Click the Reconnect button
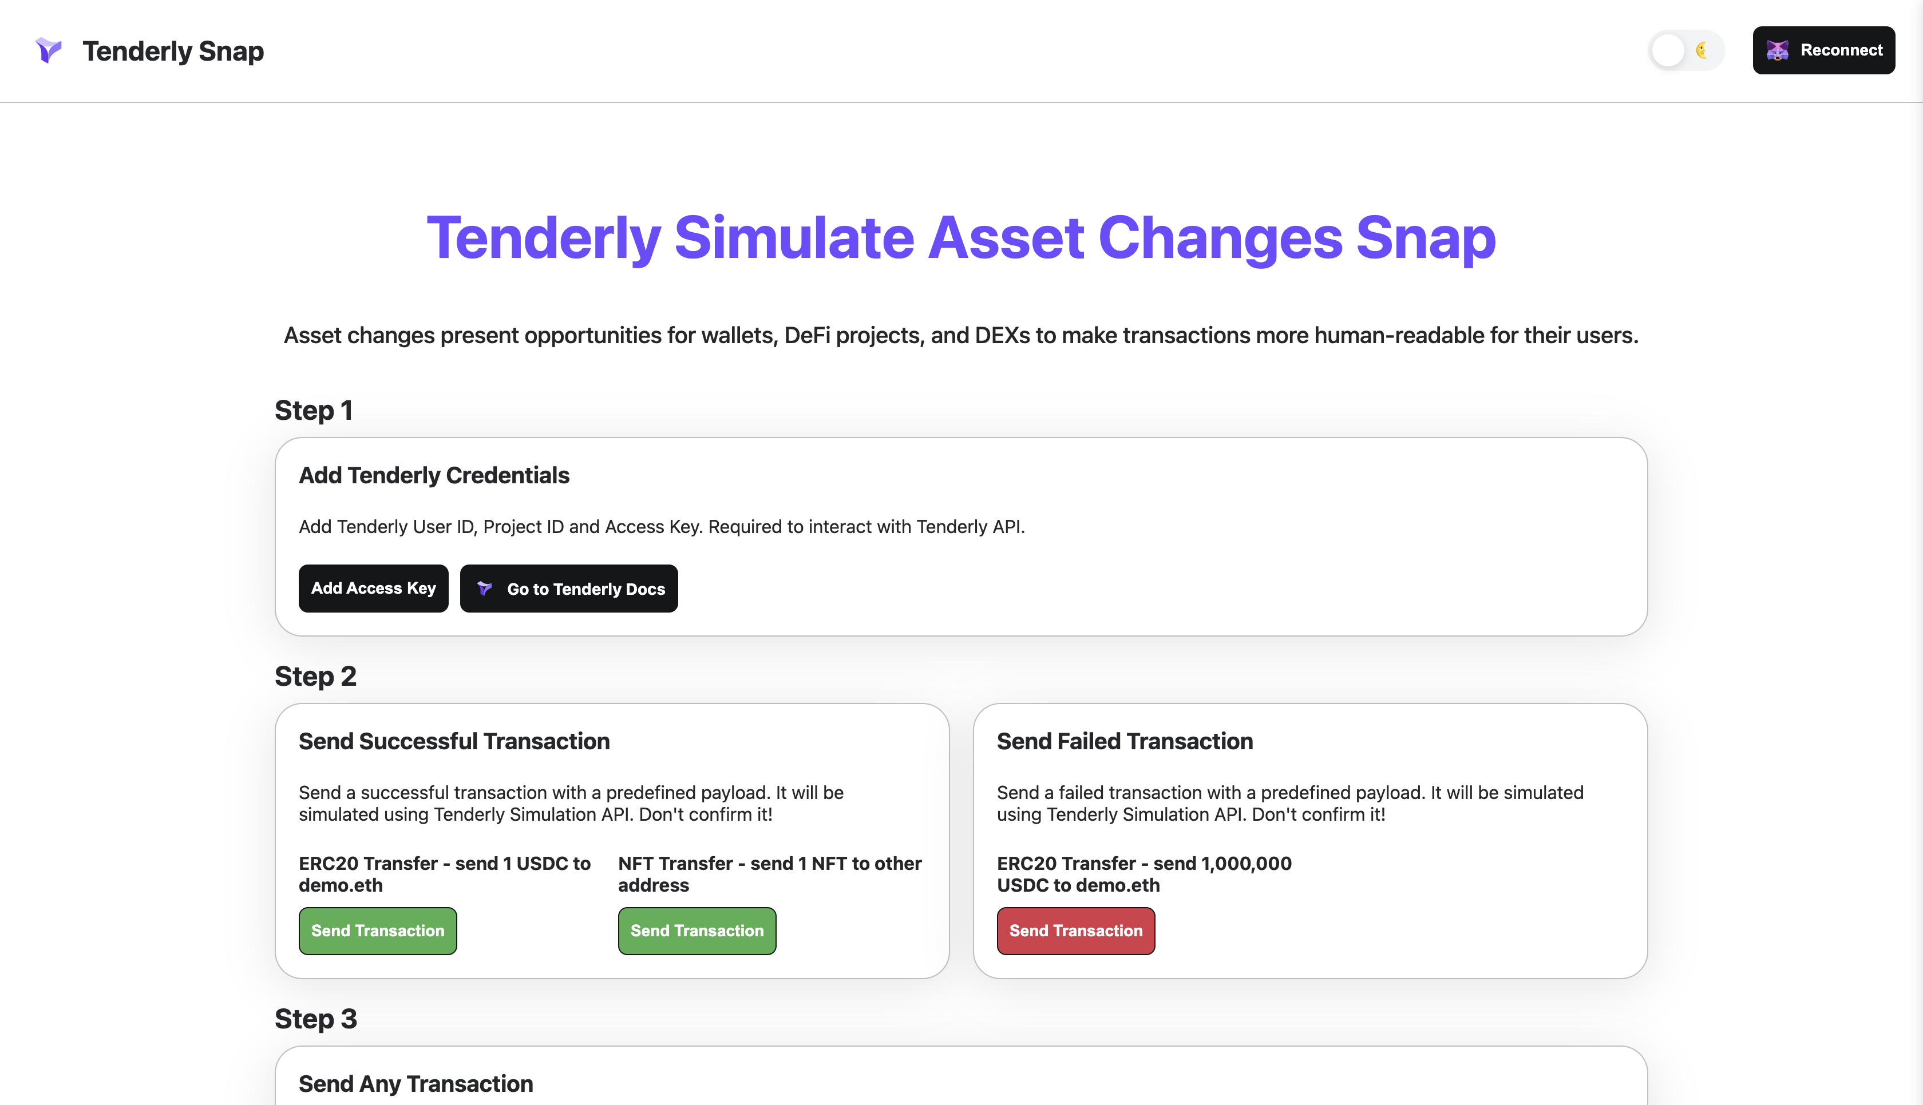click(1823, 50)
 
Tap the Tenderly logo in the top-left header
click(49, 50)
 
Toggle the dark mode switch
click(1685, 50)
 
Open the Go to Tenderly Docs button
click(569, 588)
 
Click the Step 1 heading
click(313, 411)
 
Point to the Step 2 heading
click(315, 676)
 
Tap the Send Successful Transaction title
click(454, 741)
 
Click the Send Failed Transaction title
click(1125, 741)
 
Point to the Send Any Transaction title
click(416, 1084)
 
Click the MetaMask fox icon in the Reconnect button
click(1777, 50)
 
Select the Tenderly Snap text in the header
click(173, 51)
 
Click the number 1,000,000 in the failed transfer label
click(1246, 864)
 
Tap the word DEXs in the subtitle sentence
click(1002, 335)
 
